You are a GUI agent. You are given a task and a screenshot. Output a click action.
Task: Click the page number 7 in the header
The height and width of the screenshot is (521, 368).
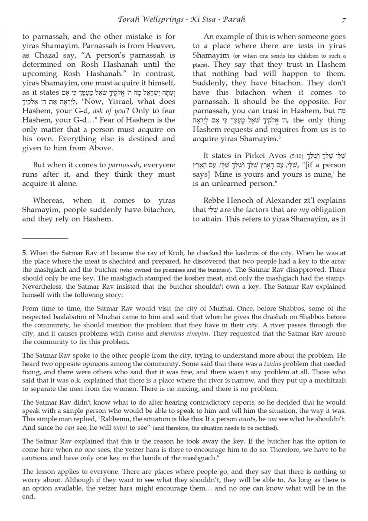click(344, 20)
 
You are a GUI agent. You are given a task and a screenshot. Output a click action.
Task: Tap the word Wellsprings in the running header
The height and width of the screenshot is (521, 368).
click(160, 20)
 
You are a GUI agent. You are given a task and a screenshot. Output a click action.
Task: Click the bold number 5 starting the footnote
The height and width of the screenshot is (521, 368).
click(24, 251)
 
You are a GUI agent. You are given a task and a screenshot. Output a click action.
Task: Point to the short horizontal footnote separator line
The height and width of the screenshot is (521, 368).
click(45, 238)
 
